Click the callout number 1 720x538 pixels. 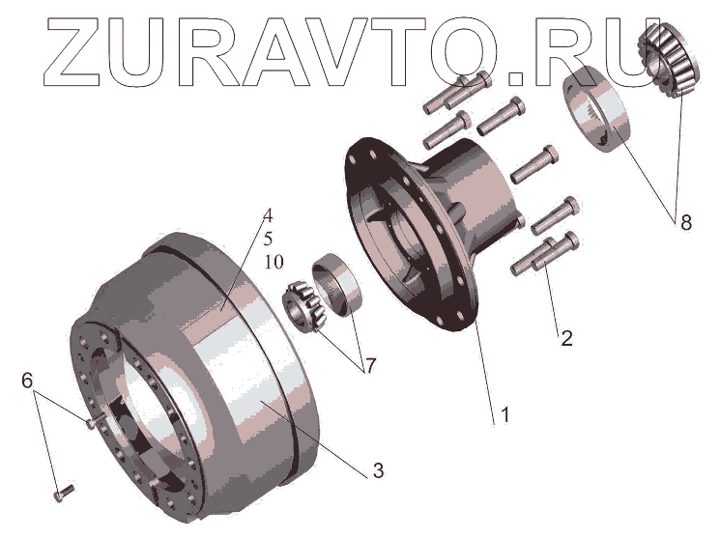click(x=505, y=415)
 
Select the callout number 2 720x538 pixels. click(x=566, y=338)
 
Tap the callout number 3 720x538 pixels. click(x=378, y=471)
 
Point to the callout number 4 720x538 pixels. click(x=268, y=215)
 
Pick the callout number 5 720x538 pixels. click(x=268, y=239)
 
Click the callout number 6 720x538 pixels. click(x=27, y=381)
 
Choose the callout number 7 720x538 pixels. click(x=369, y=366)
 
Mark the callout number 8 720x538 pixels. click(x=686, y=223)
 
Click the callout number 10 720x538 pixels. click(x=274, y=262)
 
